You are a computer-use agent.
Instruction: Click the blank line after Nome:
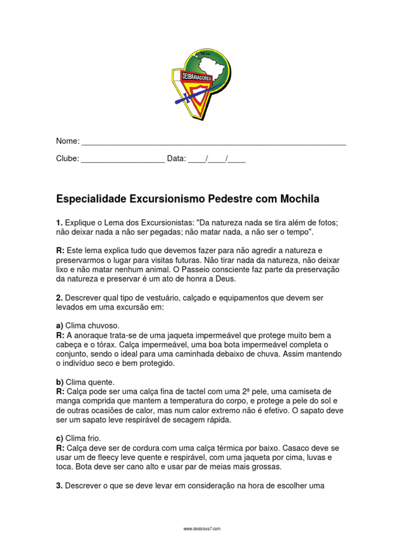pos(214,142)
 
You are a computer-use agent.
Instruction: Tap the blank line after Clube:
pos(123,159)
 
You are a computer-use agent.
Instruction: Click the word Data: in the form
pos(176,158)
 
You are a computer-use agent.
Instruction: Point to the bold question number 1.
pos(59,223)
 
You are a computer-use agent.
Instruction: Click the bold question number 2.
pos(59,298)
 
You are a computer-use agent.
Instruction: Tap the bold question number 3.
pos(59,486)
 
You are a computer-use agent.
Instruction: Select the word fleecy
pos(106,457)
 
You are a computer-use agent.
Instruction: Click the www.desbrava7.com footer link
pos(201,528)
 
